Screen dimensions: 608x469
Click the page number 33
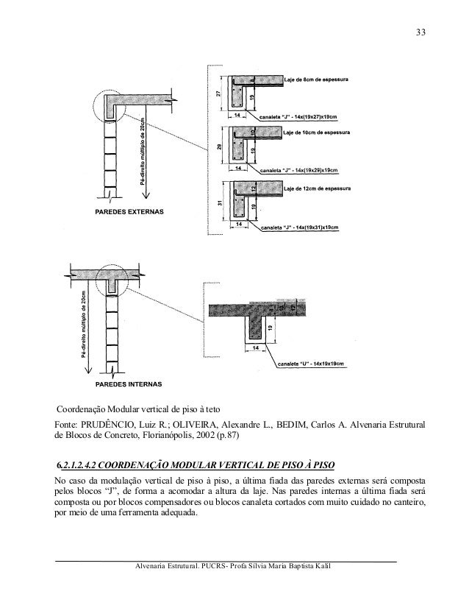pyautogui.click(x=420, y=32)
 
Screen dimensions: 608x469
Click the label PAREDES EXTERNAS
pyautogui.click(x=128, y=212)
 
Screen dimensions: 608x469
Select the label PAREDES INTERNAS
pyautogui.click(x=129, y=384)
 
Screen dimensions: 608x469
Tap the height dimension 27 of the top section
pyautogui.click(x=219, y=93)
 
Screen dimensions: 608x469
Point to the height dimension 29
pyautogui.click(x=219, y=146)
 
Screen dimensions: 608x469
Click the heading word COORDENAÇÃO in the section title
pyautogui.click(x=133, y=465)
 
